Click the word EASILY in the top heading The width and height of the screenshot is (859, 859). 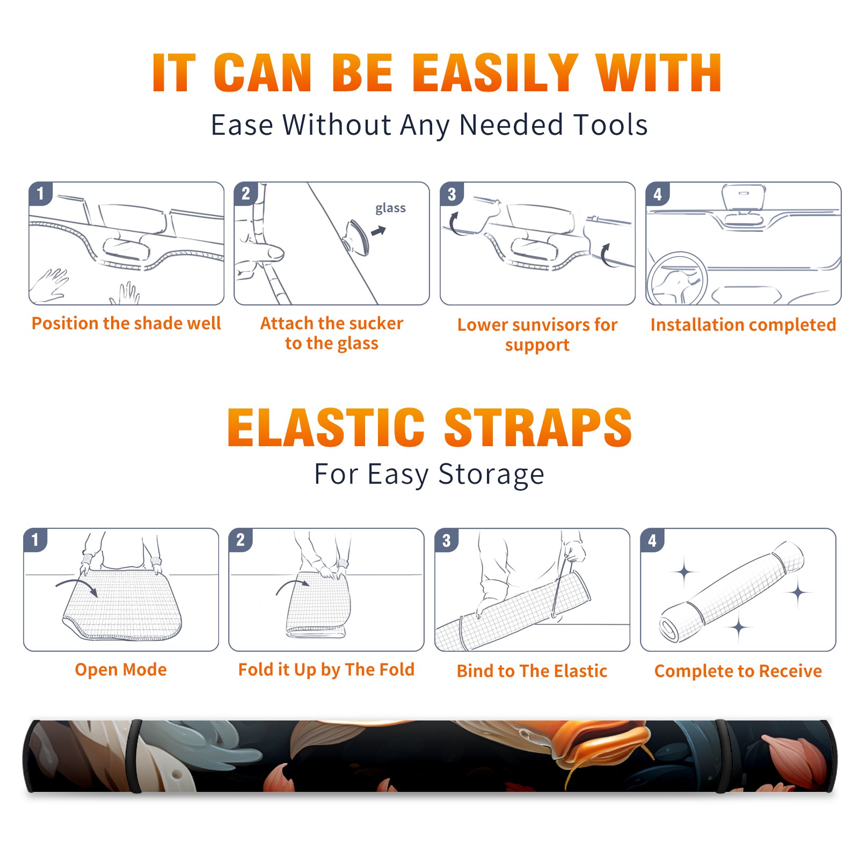[495, 73]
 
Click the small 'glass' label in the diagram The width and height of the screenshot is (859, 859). [390, 208]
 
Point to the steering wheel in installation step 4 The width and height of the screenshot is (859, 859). [677, 279]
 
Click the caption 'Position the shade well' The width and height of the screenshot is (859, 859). [126, 323]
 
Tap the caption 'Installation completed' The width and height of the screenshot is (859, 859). [743, 325]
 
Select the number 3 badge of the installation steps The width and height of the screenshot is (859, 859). [452, 194]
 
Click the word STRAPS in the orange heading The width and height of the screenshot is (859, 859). [538, 427]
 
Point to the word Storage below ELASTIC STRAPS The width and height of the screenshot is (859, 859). [491, 475]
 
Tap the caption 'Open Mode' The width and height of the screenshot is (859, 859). [121, 669]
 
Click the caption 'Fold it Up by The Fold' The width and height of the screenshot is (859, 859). [326, 670]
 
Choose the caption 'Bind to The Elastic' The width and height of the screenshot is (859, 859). [532, 671]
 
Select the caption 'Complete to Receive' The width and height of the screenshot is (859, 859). [738, 671]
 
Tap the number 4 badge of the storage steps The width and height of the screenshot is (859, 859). [652, 540]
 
